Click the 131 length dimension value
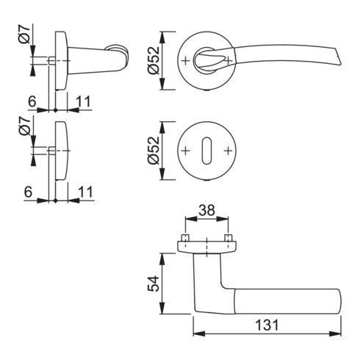(267, 325)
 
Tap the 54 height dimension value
(154, 284)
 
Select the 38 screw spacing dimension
(206, 210)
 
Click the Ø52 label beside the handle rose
(154, 60)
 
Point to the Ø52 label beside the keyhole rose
(154, 151)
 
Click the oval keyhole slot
(206, 151)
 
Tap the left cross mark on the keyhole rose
(186, 151)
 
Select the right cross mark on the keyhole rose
(228, 151)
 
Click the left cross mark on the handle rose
(186, 61)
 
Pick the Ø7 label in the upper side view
(24, 35)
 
